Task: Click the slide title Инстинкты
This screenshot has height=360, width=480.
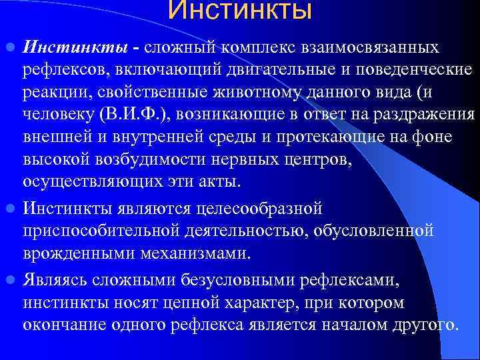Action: (239, 11)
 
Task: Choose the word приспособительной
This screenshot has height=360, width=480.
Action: (101, 230)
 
